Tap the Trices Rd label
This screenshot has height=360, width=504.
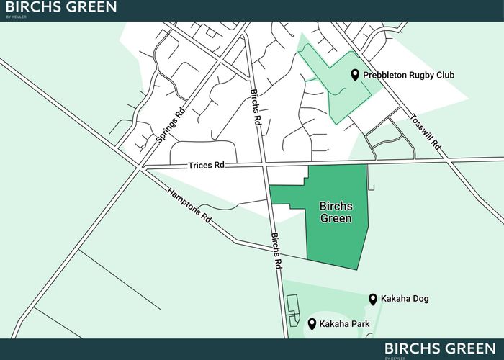(207, 165)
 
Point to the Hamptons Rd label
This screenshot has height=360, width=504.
(190, 205)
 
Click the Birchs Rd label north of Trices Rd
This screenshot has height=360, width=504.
(253, 109)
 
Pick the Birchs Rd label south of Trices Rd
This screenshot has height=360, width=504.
(275, 250)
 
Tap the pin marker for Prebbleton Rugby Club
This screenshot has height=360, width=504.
(355, 75)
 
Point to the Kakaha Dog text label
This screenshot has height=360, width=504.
(405, 299)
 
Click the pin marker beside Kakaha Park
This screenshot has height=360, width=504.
(312, 323)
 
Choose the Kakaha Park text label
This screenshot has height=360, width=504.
(344, 324)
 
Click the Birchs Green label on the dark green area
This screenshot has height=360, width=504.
(336, 212)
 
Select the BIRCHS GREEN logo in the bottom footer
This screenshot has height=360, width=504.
(439, 348)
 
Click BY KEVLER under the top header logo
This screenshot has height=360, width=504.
(15, 17)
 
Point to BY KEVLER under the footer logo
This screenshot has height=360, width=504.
(395, 357)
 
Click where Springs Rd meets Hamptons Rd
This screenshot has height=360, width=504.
(138, 169)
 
